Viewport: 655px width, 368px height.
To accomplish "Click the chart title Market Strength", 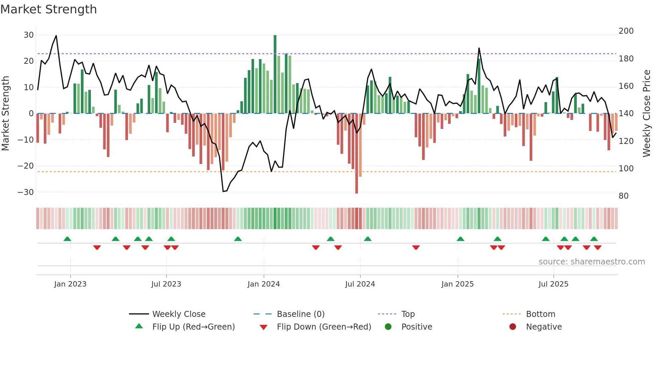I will [48, 9].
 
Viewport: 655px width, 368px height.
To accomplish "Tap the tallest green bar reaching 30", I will [275, 73].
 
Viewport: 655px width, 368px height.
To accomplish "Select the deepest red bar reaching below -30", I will [357, 154].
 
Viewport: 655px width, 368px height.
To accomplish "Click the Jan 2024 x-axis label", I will [264, 284].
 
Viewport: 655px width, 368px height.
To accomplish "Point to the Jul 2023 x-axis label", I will [166, 284].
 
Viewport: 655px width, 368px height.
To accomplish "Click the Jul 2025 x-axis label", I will [553, 284].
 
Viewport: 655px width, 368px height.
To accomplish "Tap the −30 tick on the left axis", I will [26, 192].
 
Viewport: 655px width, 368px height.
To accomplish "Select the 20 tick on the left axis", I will [28, 61].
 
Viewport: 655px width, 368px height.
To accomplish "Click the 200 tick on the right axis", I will [626, 31].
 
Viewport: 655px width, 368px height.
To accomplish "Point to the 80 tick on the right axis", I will [624, 196].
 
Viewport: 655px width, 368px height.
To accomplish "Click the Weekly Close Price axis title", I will [647, 114].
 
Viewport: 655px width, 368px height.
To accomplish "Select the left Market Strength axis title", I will [6, 114].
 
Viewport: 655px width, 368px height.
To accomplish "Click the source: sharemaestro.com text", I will [592, 262].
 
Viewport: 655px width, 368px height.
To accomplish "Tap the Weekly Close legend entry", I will [179, 314].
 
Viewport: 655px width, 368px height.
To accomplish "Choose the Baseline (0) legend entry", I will [300, 314].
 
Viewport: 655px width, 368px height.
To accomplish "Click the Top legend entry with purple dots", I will [408, 314].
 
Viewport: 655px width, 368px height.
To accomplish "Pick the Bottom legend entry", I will [540, 314].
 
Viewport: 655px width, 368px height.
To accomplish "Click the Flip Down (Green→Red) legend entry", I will [323, 327].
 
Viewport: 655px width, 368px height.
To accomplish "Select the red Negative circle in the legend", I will [513, 327].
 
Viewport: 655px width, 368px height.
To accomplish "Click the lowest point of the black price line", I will [223, 191].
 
